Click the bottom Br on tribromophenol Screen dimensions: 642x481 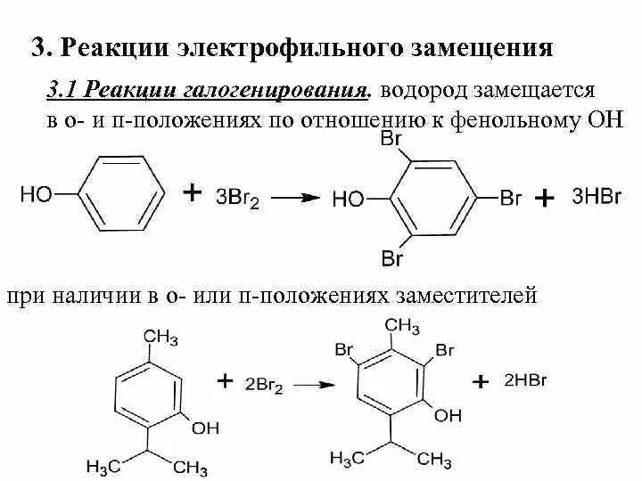(392, 259)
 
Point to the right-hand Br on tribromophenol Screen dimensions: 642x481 (510, 198)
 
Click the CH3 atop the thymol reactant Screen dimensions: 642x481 (161, 337)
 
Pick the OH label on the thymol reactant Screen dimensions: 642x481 (205, 428)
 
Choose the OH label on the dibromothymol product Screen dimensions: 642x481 (449, 416)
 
